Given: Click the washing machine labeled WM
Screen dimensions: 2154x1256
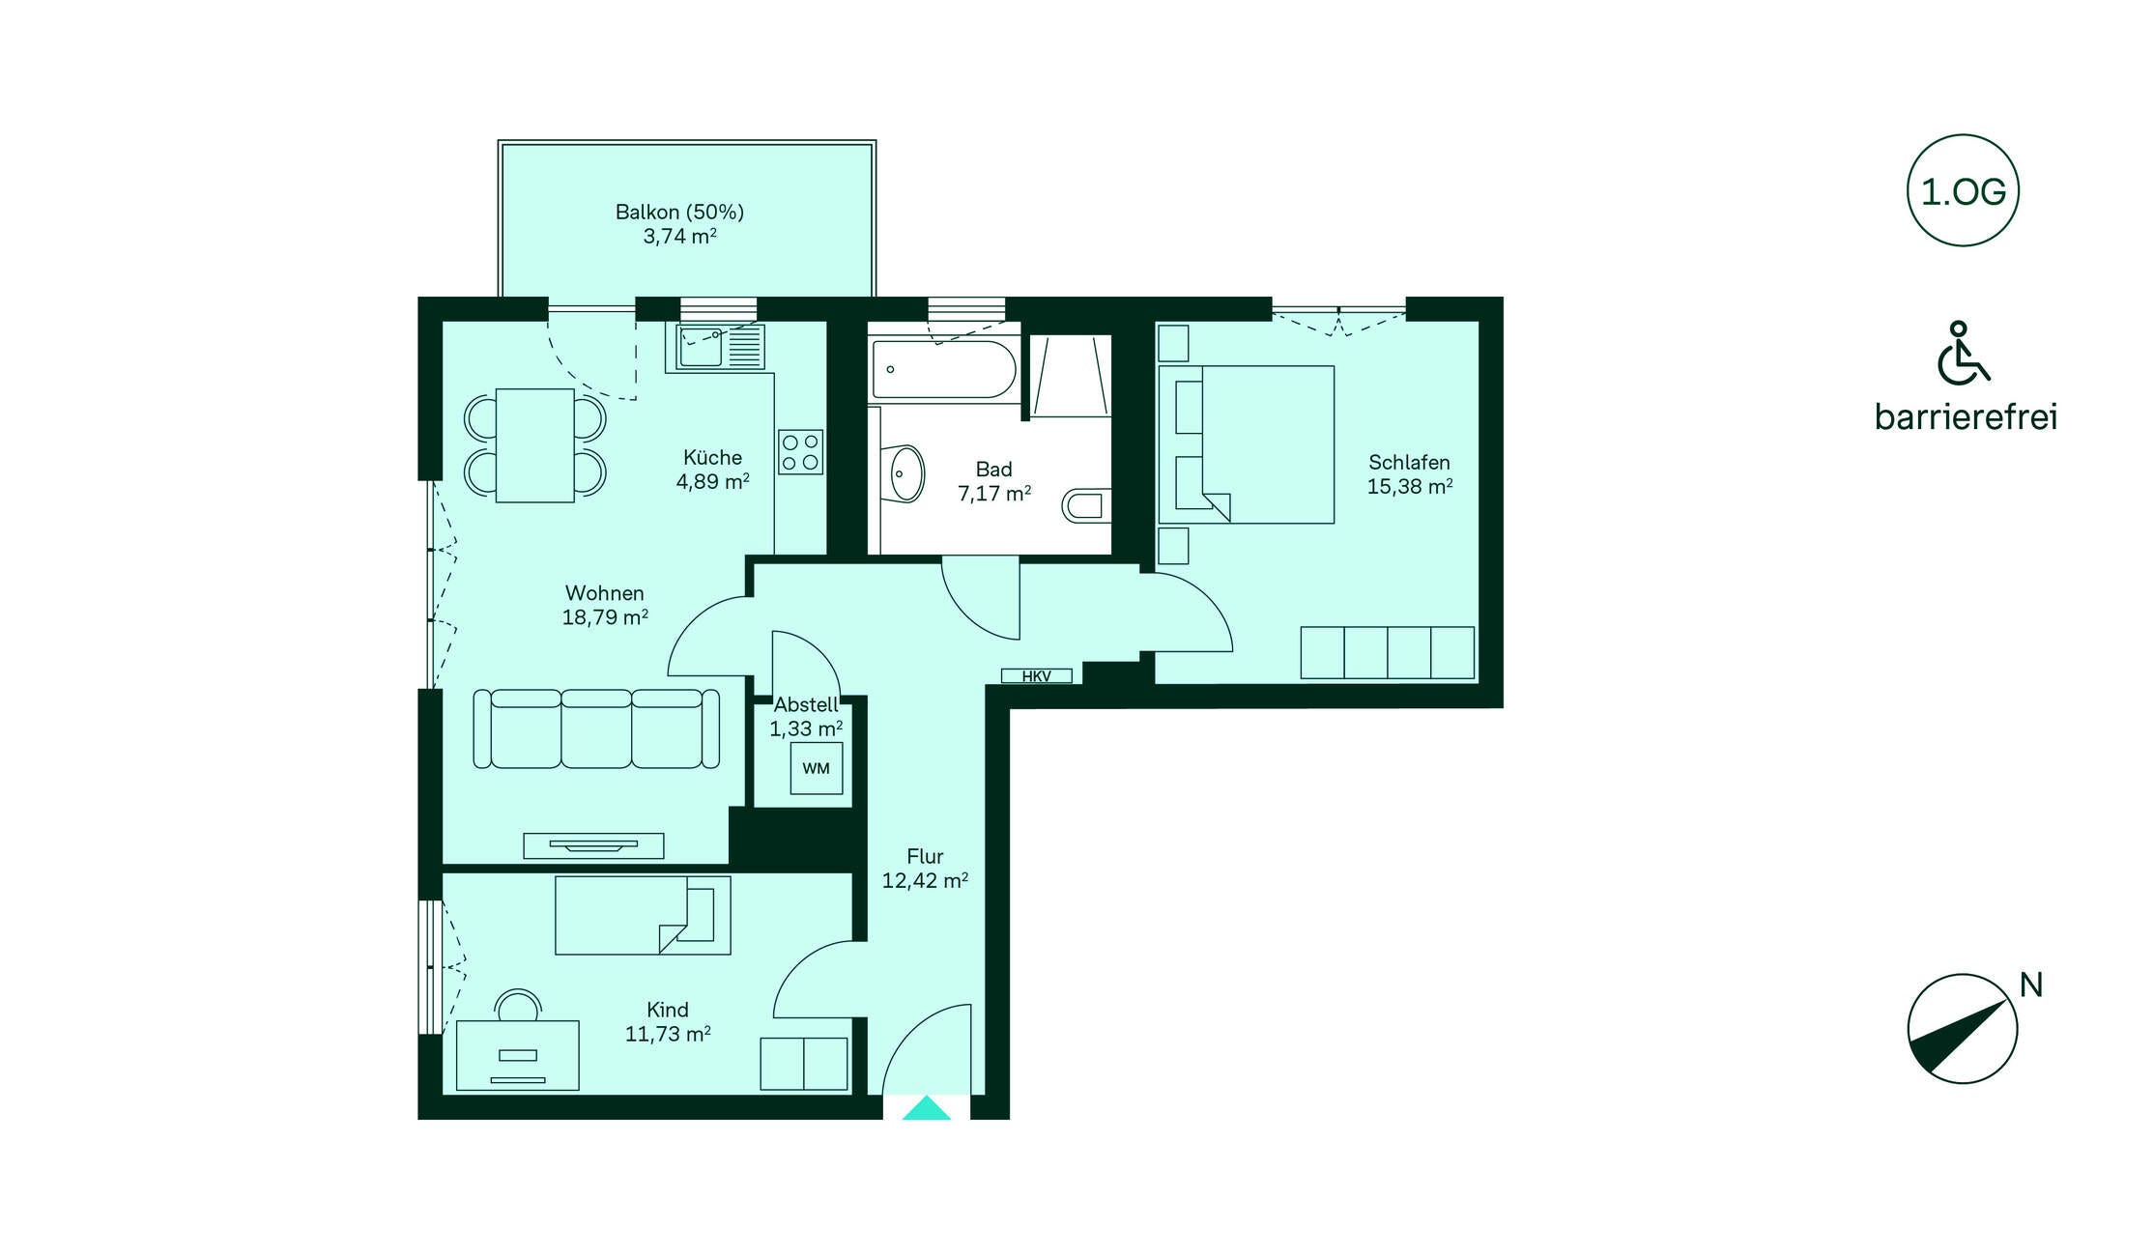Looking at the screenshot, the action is click(x=817, y=768).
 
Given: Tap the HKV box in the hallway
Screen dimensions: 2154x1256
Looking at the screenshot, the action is click(x=1036, y=675).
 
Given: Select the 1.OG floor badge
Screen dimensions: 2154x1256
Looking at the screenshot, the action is click(x=1963, y=190).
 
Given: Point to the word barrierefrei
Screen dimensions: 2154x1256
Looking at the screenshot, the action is click(x=1966, y=416).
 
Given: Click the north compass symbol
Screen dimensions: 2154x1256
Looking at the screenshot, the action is click(x=1962, y=1028).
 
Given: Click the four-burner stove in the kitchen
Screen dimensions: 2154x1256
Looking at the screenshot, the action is click(x=801, y=452).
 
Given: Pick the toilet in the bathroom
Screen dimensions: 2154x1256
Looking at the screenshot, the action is click(x=1086, y=505).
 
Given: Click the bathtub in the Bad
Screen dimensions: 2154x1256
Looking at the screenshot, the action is click(x=943, y=368).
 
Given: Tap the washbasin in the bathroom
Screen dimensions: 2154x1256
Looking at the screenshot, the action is click(x=905, y=473).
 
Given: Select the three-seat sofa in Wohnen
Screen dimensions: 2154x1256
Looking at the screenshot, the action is click(x=596, y=728).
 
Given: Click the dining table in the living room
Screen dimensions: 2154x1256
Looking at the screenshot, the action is click(x=535, y=445).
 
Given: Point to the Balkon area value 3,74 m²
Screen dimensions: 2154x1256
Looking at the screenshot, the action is click(x=680, y=236).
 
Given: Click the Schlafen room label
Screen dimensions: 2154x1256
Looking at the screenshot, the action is click(x=1409, y=463).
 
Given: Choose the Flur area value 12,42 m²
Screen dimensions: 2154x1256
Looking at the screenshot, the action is click(x=925, y=880).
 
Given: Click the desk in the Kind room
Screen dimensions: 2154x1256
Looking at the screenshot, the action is click(x=518, y=1055).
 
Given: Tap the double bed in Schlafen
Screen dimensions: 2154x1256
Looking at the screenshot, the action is click(x=1247, y=444).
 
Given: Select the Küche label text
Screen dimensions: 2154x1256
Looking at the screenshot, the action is click(x=713, y=457).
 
